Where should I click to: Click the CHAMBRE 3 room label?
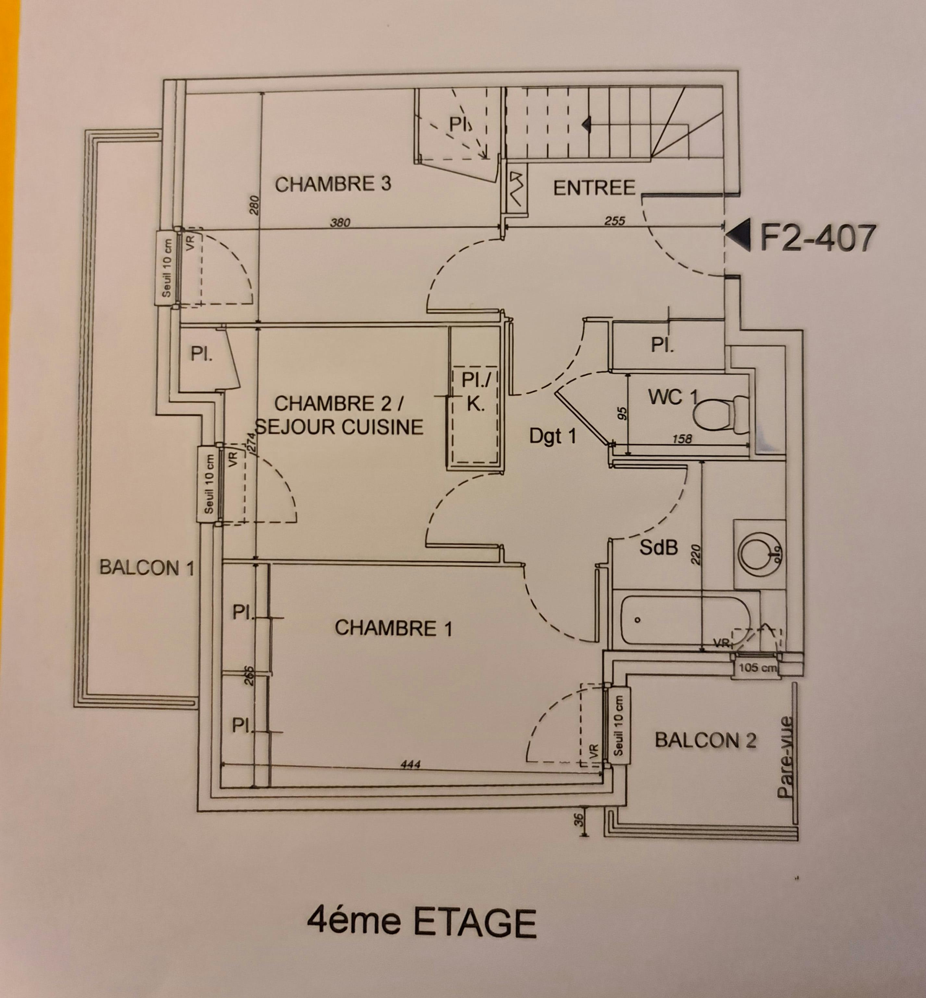point(333,184)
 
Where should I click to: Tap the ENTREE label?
point(594,188)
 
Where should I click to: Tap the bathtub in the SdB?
point(685,620)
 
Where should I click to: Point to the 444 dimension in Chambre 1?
point(410,765)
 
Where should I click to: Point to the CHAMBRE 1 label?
point(393,628)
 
